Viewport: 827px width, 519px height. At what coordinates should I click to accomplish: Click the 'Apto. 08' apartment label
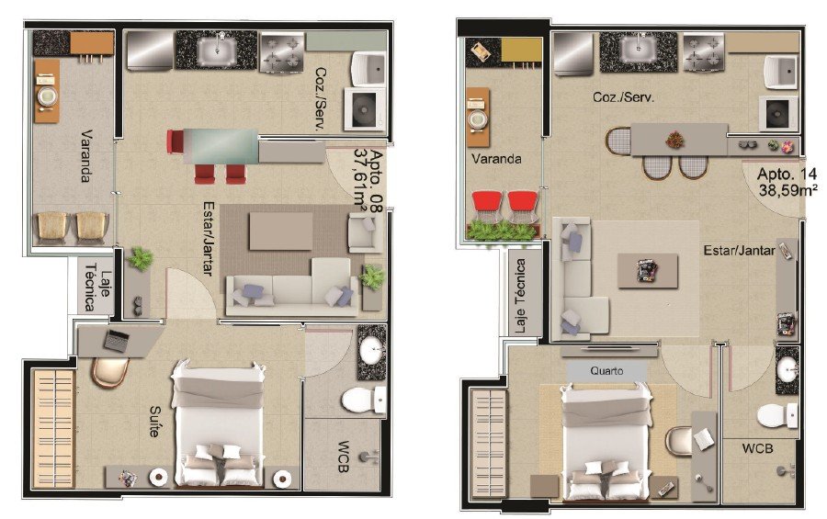[376, 181]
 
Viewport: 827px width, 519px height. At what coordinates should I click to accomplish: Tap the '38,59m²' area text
[788, 189]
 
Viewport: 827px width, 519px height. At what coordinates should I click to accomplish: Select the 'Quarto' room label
[606, 371]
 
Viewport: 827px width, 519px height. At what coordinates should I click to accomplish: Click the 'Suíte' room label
[154, 421]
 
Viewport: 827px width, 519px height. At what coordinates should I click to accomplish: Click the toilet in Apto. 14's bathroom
[777, 415]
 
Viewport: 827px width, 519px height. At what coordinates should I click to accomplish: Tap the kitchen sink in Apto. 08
[217, 51]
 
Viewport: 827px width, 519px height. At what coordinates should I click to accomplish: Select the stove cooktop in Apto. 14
[704, 52]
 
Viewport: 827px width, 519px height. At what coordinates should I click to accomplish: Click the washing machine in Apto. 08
[365, 109]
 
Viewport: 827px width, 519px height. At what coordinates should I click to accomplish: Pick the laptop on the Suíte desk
[117, 341]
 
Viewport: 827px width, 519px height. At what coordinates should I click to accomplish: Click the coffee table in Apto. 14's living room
[648, 271]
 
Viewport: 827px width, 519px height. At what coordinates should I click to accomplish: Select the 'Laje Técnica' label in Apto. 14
[520, 296]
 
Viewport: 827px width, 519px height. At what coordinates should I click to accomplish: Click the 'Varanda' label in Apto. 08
[86, 156]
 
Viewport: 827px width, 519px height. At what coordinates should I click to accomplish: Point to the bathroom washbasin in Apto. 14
[787, 368]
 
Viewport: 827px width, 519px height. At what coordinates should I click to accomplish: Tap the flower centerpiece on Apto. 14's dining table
[674, 140]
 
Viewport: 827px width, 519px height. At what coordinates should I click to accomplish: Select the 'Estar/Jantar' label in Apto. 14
[739, 251]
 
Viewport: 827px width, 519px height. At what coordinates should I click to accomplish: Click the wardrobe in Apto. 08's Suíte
[53, 428]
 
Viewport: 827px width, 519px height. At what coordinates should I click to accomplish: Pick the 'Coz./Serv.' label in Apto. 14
[623, 97]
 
